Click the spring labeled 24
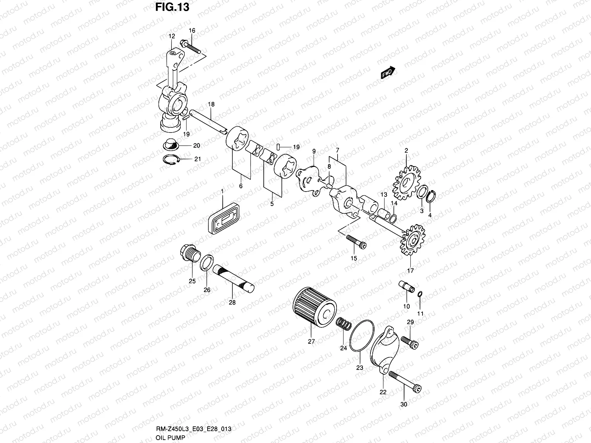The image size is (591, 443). pyautogui.click(x=344, y=325)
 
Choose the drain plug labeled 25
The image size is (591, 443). pyautogui.click(x=189, y=255)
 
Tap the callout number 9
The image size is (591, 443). pyautogui.click(x=314, y=151)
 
